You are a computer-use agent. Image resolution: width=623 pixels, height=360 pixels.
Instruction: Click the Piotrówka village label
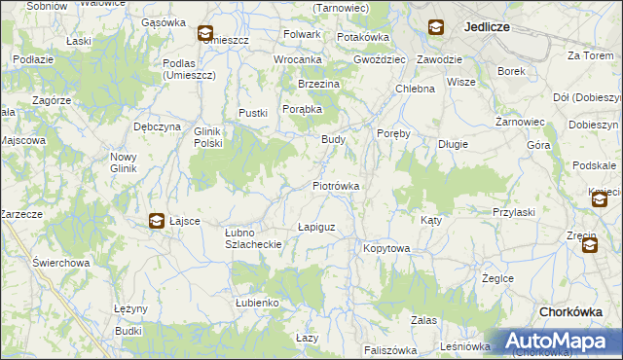pos(336,186)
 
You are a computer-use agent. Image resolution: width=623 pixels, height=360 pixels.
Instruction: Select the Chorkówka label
pos(575,312)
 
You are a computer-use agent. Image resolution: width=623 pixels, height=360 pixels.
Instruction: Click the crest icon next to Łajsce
pos(156,222)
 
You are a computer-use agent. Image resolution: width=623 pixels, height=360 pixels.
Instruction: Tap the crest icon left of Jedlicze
pos(434,28)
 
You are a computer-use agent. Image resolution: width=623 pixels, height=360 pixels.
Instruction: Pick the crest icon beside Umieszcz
pos(204,34)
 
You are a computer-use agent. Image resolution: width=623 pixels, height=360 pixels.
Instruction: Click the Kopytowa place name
pos(386,249)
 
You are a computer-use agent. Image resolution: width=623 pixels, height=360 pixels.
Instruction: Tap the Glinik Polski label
pos(208,137)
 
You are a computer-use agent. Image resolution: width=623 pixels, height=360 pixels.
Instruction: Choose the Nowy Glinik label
pos(124,162)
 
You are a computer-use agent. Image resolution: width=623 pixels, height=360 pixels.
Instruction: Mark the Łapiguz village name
pos(316,227)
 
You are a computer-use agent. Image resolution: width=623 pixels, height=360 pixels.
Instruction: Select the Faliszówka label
pos(390,350)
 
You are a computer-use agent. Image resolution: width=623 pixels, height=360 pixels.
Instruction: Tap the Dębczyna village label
pos(157,126)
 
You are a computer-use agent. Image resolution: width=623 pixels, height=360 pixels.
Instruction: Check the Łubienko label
pos(257,303)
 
